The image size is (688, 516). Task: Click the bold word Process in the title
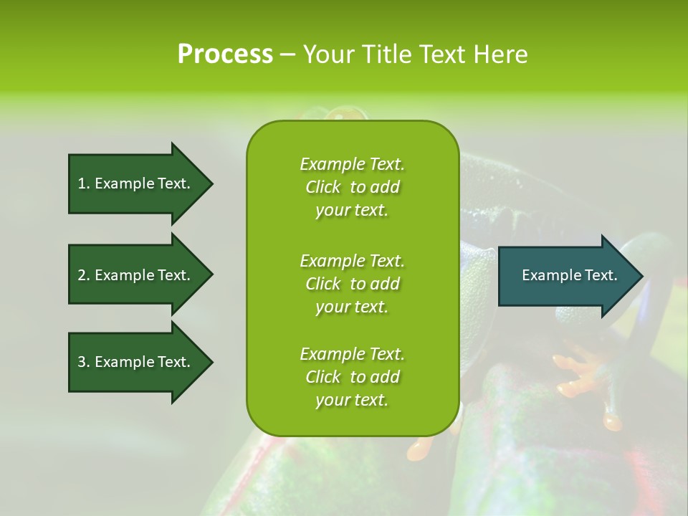(225, 54)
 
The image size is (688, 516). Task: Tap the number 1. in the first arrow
(84, 183)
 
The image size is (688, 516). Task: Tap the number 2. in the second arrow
(84, 275)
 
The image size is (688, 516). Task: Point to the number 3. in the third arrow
(84, 362)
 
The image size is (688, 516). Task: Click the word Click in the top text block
(323, 187)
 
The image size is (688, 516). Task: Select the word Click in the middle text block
(323, 284)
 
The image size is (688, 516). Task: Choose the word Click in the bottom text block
(323, 377)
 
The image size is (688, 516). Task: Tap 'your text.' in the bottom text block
(352, 400)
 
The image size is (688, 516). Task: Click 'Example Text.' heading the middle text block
(352, 261)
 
